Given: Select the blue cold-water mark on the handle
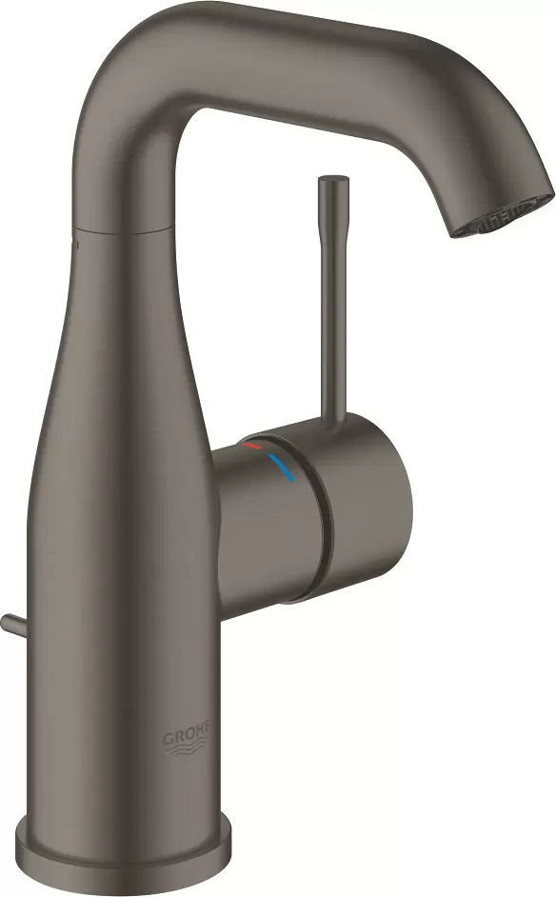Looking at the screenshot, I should coord(282,466).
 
